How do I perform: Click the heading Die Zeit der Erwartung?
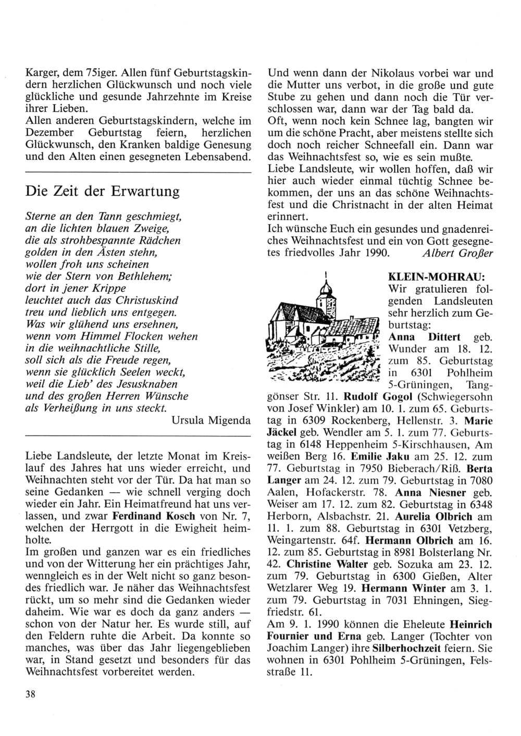click(102, 191)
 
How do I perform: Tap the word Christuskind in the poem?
click(147, 300)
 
